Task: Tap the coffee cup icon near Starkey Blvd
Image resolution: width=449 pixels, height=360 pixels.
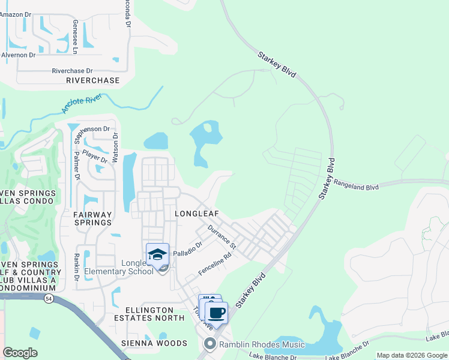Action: tap(217, 312)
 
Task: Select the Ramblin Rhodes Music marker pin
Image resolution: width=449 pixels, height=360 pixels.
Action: tap(209, 344)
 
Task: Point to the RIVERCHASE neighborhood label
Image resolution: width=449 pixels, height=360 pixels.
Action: tap(92, 80)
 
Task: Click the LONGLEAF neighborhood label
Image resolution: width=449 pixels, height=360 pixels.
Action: tap(196, 214)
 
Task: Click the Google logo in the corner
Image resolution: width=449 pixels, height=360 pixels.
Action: tap(20, 353)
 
